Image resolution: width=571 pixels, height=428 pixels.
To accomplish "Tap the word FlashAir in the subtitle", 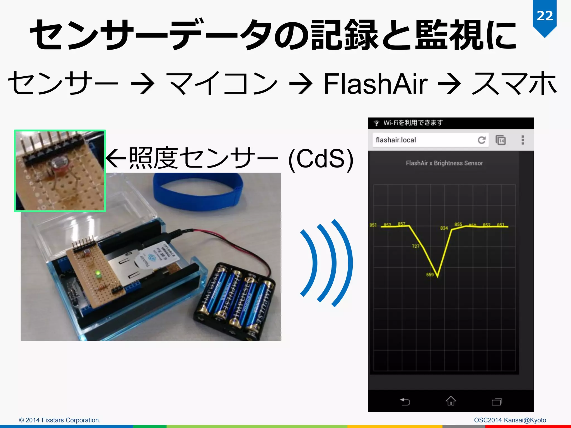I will [x=375, y=84].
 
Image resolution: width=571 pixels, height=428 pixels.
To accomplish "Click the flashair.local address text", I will [x=396, y=140].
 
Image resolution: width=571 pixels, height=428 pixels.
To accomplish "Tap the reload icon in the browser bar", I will [x=482, y=140].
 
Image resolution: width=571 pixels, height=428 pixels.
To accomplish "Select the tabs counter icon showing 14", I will [x=501, y=140].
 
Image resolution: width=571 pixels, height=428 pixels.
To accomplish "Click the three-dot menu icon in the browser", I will [x=523, y=140].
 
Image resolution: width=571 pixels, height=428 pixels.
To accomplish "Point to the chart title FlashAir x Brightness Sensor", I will [x=444, y=163].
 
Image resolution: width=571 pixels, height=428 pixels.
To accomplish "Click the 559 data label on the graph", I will [x=430, y=275].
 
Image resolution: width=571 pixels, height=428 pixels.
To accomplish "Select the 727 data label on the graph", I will [x=415, y=246].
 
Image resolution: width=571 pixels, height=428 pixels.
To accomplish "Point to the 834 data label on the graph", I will [x=444, y=228].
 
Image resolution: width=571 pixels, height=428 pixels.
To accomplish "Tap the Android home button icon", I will [x=451, y=401].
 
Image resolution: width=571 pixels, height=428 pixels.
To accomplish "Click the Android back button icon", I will [x=405, y=402].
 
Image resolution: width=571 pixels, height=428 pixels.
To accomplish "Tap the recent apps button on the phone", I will [x=497, y=402].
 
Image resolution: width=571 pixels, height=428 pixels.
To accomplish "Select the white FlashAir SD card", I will [x=156, y=255].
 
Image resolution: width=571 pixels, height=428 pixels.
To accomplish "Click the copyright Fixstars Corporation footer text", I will [x=60, y=420].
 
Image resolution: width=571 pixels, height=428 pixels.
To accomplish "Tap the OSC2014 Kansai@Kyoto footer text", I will [x=510, y=420].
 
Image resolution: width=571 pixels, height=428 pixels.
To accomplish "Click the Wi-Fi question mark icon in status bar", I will [x=376, y=123].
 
